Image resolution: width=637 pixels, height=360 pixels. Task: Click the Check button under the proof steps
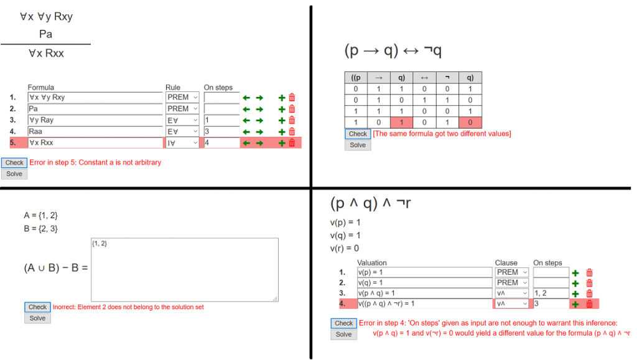pos(14,163)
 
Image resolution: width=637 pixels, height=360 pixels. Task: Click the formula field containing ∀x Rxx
pos(95,143)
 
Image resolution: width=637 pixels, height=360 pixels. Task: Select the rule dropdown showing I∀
pos(182,143)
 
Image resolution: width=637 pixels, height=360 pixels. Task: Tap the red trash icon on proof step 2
pos(292,109)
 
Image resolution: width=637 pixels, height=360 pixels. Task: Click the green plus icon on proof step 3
pos(282,121)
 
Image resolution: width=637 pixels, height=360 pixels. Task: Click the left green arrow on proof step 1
pos(246,98)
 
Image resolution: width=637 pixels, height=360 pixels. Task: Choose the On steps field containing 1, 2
pos(551,293)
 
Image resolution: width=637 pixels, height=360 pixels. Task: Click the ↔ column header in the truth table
pos(424,78)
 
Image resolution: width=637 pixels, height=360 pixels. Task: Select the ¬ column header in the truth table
pos(447,78)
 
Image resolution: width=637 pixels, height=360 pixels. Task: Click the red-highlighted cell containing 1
pos(401,122)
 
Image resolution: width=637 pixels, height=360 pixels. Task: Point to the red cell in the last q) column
pos(470,122)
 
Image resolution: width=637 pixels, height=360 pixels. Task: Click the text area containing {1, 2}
pos(185,270)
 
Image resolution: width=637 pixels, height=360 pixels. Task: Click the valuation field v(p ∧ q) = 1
pos(424,293)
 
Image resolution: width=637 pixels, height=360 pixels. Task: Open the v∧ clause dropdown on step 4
pos(511,303)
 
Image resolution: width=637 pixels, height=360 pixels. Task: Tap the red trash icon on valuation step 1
pos(590,273)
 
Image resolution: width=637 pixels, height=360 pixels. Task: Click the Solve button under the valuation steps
pos(343,335)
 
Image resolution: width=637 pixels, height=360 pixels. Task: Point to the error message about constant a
pos(95,162)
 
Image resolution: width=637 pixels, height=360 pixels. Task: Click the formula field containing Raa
pos(95,131)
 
